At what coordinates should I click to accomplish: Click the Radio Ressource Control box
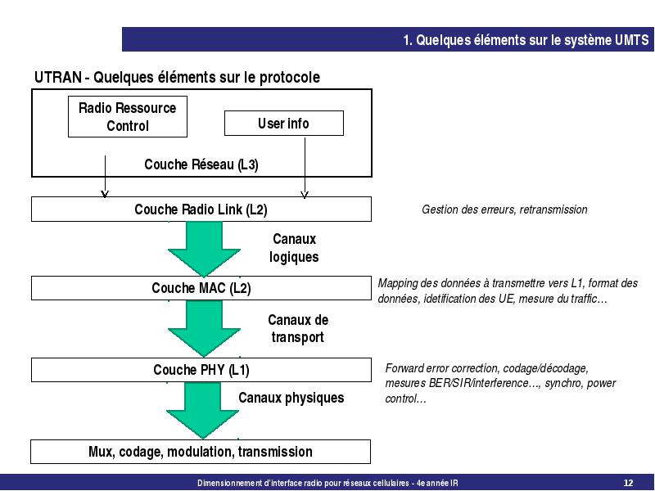[x=128, y=116]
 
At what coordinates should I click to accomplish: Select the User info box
[x=284, y=124]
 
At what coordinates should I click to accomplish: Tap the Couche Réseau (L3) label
[x=201, y=164]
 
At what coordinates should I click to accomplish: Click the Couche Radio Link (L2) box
[x=201, y=209]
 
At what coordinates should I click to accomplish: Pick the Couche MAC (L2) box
[x=201, y=288]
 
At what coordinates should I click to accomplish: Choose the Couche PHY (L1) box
[x=201, y=370]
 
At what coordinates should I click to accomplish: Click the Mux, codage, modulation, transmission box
[x=201, y=452]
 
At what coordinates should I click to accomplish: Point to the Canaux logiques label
[x=294, y=248]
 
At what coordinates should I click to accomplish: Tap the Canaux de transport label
[x=298, y=328]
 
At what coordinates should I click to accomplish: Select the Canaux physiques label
[x=291, y=398]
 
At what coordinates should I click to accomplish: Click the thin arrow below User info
[x=305, y=167]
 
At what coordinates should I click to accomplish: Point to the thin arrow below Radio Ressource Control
[x=105, y=176]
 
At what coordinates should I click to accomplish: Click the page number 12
[x=628, y=483]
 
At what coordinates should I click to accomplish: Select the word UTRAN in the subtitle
[x=57, y=77]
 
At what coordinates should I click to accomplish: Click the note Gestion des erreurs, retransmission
[x=504, y=209]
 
